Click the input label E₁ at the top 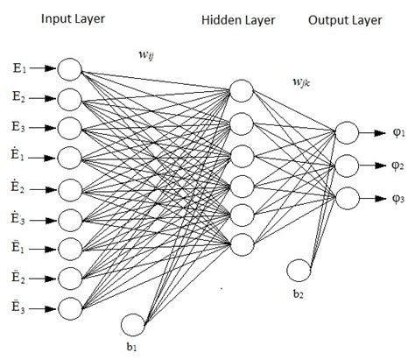coord(19,68)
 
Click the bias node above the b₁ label coord(134,323)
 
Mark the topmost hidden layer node coord(241,90)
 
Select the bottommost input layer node coord(70,307)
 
